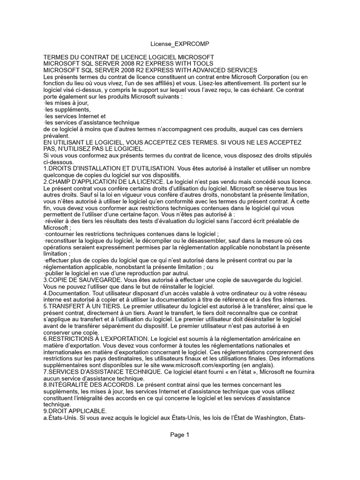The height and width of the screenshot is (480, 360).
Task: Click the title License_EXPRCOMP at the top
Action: [x=180, y=44]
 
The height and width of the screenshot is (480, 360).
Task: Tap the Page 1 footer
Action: [x=180, y=435]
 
